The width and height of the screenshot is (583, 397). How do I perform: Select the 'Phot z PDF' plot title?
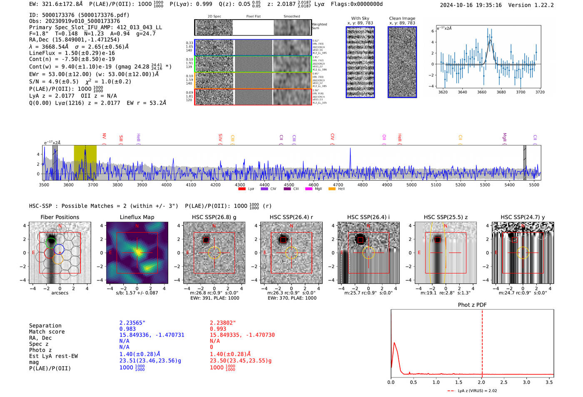click(x=472, y=305)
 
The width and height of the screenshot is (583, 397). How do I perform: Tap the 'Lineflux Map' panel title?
click(x=137, y=217)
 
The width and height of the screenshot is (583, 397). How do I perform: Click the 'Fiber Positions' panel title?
click(x=60, y=217)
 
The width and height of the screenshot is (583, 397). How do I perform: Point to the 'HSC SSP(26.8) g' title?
click(x=214, y=217)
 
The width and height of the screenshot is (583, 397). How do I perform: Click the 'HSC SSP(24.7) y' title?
click(x=523, y=217)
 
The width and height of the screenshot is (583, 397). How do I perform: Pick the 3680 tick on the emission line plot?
click(x=501, y=92)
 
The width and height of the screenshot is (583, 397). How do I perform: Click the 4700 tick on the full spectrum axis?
click(x=338, y=185)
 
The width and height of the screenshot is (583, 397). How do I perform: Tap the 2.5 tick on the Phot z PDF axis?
click(x=504, y=382)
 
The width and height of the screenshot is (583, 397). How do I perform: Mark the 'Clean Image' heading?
click(x=402, y=18)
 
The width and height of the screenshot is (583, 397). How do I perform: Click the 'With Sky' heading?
click(x=360, y=18)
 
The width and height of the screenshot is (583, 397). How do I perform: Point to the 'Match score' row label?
click(x=47, y=332)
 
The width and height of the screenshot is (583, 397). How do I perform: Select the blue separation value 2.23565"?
click(x=132, y=323)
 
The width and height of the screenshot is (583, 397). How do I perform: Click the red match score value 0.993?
click(x=218, y=329)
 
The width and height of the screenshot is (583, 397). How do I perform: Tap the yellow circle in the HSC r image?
click(x=291, y=252)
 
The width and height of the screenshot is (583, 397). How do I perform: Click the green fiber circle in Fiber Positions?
click(x=50, y=242)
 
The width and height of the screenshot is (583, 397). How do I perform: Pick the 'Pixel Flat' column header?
click(x=253, y=17)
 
